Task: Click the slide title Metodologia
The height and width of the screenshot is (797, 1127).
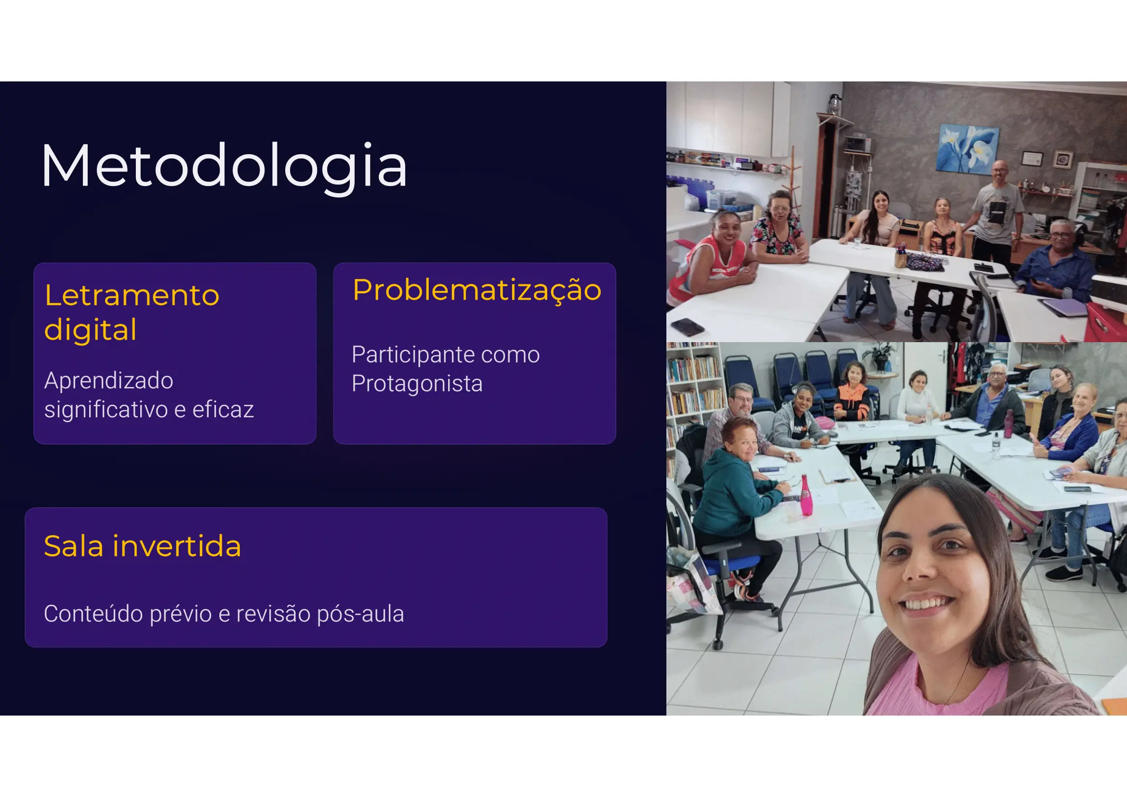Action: coord(225,166)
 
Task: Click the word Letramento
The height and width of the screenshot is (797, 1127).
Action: coord(132,295)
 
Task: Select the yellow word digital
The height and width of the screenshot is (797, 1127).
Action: coord(90,329)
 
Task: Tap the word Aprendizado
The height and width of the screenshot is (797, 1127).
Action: coord(108,381)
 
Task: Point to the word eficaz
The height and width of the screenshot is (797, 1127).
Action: coord(223,409)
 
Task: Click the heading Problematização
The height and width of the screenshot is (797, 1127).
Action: coord(477,291)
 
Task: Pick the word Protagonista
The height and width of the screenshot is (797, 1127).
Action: coord(417,384)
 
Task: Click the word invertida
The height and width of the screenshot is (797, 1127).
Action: coord(177,546)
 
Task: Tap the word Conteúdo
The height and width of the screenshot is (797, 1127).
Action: coord(93,613)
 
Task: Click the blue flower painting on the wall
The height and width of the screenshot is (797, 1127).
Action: coord(968,149)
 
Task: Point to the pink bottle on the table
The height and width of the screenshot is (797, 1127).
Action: coord(806,495)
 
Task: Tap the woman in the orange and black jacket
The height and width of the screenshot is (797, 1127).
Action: coord(853,393)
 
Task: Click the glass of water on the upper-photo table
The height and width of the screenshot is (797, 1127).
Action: coord(858,242)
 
